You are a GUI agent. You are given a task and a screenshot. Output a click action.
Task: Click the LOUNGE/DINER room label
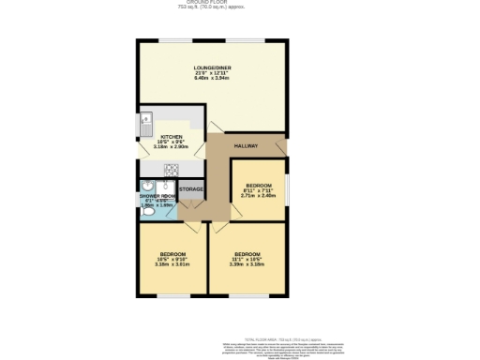click(x=211, y=68)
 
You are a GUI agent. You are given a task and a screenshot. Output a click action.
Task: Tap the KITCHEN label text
click(x=171, y=137)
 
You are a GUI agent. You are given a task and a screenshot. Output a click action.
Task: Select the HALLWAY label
click(x=246, y=146)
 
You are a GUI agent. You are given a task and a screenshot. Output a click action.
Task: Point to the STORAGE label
click(x=191, y=190)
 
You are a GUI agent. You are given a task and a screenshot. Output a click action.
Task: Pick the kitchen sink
click(x=147, y=121)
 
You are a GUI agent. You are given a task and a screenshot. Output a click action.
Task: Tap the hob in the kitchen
click(x=172, y=170)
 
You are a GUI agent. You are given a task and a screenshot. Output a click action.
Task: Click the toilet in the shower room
click(x=147, y=211)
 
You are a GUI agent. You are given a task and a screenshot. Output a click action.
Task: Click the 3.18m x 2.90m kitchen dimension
click(x=171, y=148)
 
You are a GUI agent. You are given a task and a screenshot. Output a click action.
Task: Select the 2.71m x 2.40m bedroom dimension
click(x=258, y=196)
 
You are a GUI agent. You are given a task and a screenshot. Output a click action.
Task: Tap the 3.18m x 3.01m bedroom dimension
click(x=172, y=264)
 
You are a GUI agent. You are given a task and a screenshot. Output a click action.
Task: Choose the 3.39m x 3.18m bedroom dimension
click(x=247, y=264)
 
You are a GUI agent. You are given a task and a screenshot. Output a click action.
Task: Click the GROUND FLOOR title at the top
click(x=240, y=3)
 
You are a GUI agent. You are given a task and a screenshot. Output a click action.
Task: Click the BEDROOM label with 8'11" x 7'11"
click(x=258, y=185)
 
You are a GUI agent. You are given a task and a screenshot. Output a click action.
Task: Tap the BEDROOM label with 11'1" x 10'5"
click(x=247, y=254)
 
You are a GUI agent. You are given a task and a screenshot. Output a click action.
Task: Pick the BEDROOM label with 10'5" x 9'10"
click(x=172, y=254)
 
